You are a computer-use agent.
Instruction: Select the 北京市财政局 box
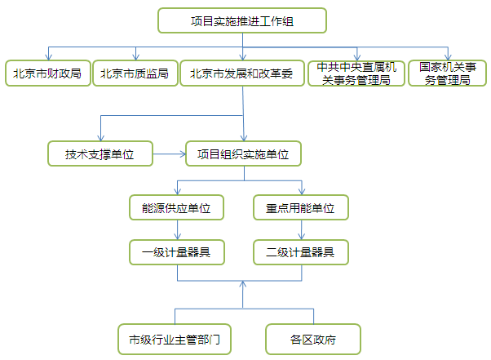pyautogui.click(x=46, y=73)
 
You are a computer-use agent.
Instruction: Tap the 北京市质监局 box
pyautogui.click(x=135, y=73)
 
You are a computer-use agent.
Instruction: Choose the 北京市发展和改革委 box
pyautogui.click(x=243, y=73)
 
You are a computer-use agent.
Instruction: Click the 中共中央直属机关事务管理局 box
pyautogui.click(x=356, y=73)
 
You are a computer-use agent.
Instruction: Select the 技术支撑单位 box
pyautogui.click(x=100, y=153)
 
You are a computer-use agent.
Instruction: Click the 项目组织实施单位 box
pyautogui.click(x=243, y=153)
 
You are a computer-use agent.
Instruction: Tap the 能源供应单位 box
pyautogui.click(x=176, y=208)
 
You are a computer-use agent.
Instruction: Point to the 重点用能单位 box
pyautogui.click(x=300, y=208)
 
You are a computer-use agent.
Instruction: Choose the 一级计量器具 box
pyautogui.click(x=176, y=252)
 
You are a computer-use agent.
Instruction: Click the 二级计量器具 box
pyautogui.click(x=300, y=252)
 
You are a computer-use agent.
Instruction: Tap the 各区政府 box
pyautogui.click(x=313, y=337)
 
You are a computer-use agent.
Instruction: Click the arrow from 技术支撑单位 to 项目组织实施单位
pyautogui.click(x=170, y=153)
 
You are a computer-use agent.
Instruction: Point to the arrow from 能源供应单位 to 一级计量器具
pyautogui.click(x=176, y=230)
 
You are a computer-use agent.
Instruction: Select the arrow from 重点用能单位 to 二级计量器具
pyautogui.click(x=300, y=230)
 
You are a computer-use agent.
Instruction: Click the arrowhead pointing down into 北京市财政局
pyautogui.click(x=48, y=58)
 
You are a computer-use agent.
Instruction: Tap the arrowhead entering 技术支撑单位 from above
pyautogui.click(x=100, y=137)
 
